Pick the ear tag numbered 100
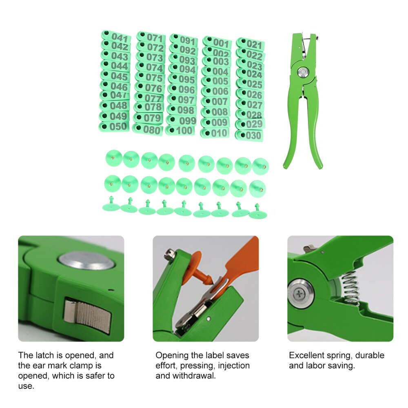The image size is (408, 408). tap(180, 130)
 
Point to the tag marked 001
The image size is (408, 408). tap(217, 42)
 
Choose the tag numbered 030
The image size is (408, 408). tap(249, 135)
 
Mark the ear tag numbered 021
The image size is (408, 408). tap(251, 44)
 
